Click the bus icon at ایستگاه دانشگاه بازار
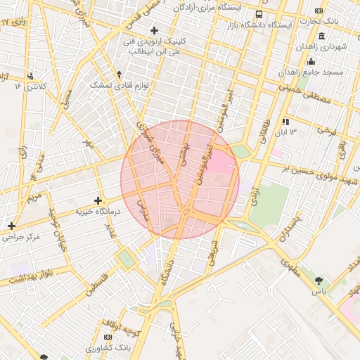point(259,15)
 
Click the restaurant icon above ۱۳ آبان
point(285,122)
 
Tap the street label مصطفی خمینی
point(304,96)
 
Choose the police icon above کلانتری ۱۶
point(30,76)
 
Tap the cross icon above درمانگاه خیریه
point(98,201)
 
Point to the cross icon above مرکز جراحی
point(11,226)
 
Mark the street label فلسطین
point(99,288)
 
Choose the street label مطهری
point(290,266)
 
